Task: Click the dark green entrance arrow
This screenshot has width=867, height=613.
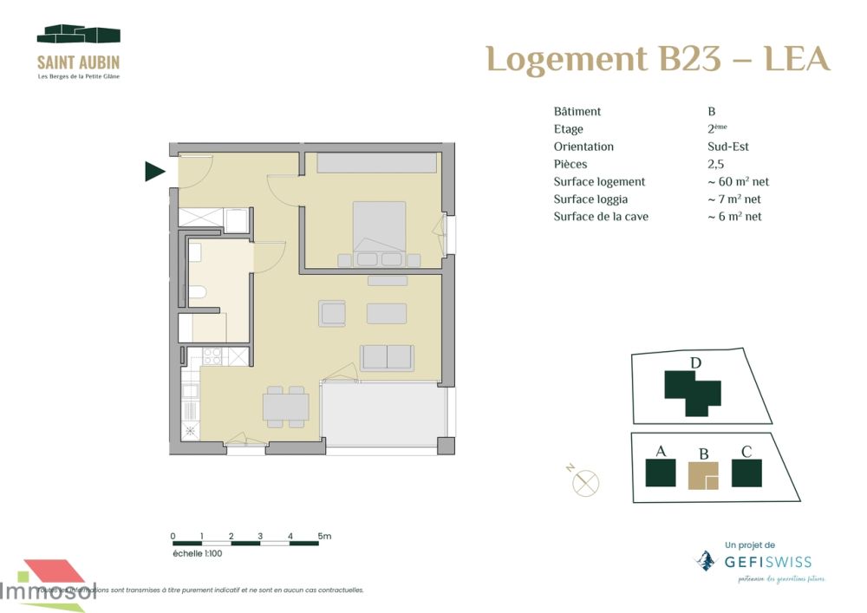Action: point(154,173)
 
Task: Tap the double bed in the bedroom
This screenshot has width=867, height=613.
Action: point(379,228)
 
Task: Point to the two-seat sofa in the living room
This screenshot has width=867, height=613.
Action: point(387,356)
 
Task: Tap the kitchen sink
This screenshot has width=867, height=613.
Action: point(190,391)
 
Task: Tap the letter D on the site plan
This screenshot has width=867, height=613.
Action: point(694,362)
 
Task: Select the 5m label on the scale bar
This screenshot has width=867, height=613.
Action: point(324,536)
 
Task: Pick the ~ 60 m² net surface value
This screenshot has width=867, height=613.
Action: point(738,182)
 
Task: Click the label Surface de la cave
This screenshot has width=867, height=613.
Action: point(601,217)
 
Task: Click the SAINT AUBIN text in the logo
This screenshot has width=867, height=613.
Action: point(78,62)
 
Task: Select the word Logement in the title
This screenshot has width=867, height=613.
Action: point(566,59)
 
